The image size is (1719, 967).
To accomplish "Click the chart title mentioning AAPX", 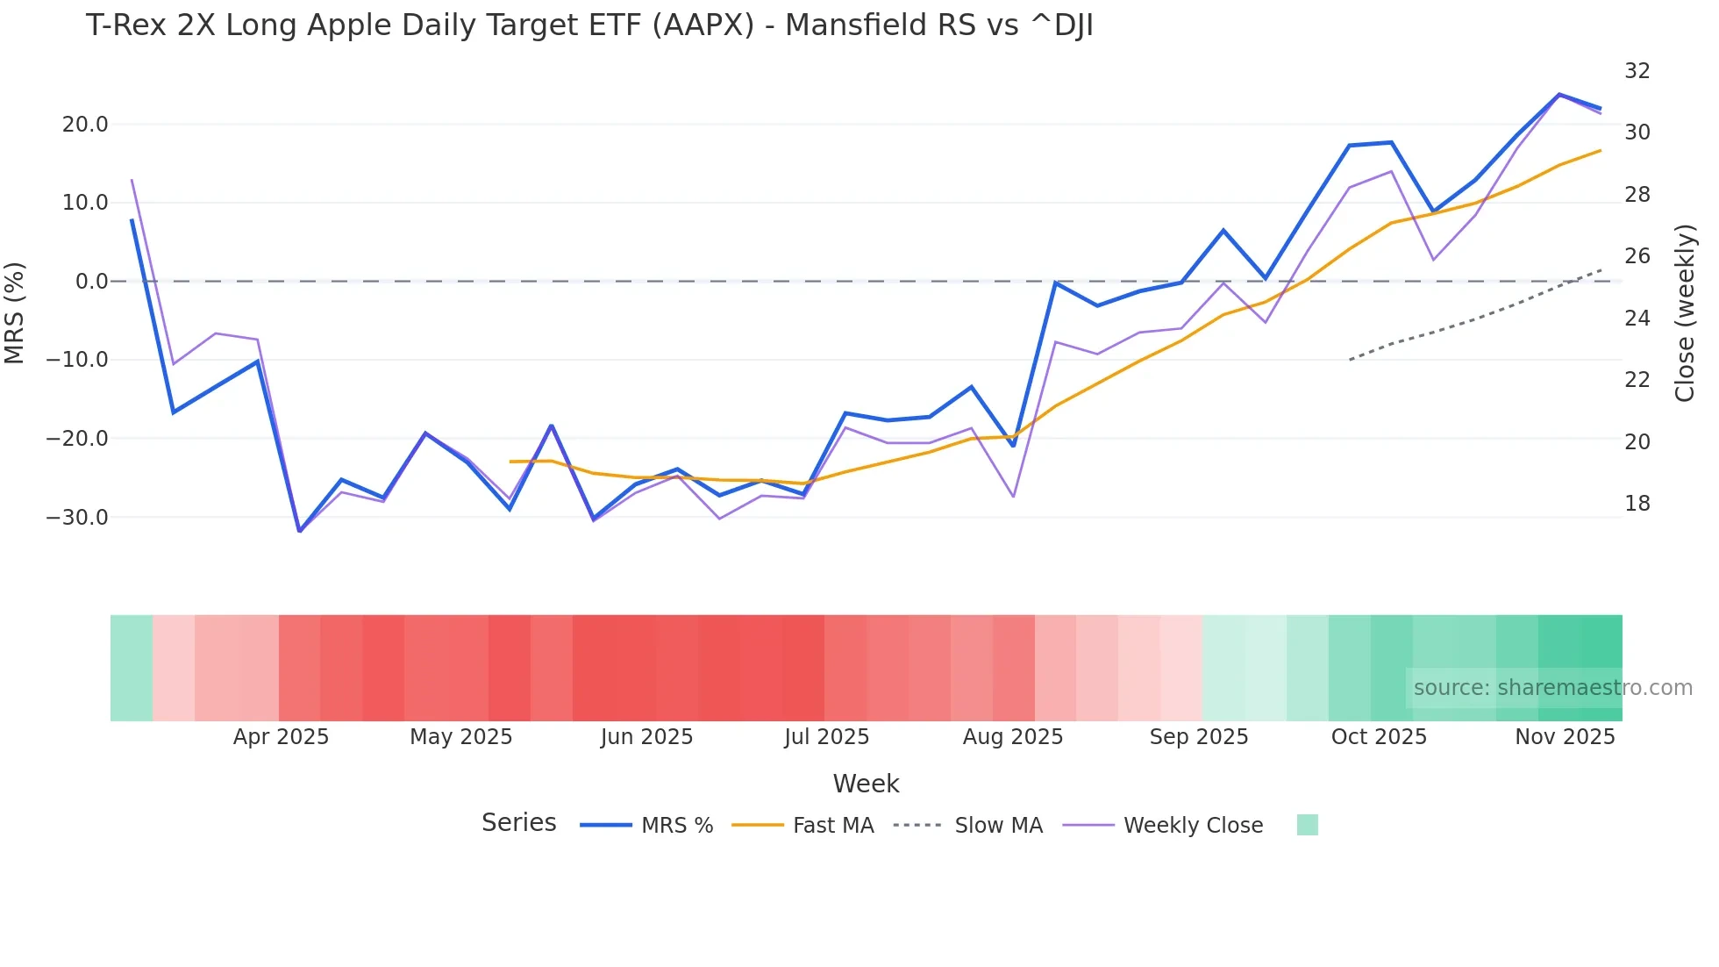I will click(x=589, y=25).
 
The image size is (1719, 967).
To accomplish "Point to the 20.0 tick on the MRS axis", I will click(x=85, y=125).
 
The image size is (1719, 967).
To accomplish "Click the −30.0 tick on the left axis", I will click(x=77, y=518).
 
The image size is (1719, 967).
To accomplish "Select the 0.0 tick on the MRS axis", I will click(x=91, y=282).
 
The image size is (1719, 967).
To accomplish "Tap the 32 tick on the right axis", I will click(x=1637, y=71).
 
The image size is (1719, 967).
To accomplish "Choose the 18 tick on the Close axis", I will click(x=1637, y=504).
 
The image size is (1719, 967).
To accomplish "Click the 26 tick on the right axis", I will click(x=1637, y=256).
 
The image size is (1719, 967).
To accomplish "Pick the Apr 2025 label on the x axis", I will click(x=281, y=737).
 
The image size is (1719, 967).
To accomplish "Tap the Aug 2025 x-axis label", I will click(x=1012, y=737).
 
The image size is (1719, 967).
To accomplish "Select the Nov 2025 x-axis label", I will click(x=1565, y=737).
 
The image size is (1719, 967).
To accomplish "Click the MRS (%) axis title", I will click(x=15, y=312).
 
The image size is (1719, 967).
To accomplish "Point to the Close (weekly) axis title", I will click(x=1685, y=313).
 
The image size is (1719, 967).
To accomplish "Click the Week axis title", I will click(x=866, y=784).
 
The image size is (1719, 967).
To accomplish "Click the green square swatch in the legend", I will click(x=1307, y=825).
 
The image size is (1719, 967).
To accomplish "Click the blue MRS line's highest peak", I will click(x=1559, y=94).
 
